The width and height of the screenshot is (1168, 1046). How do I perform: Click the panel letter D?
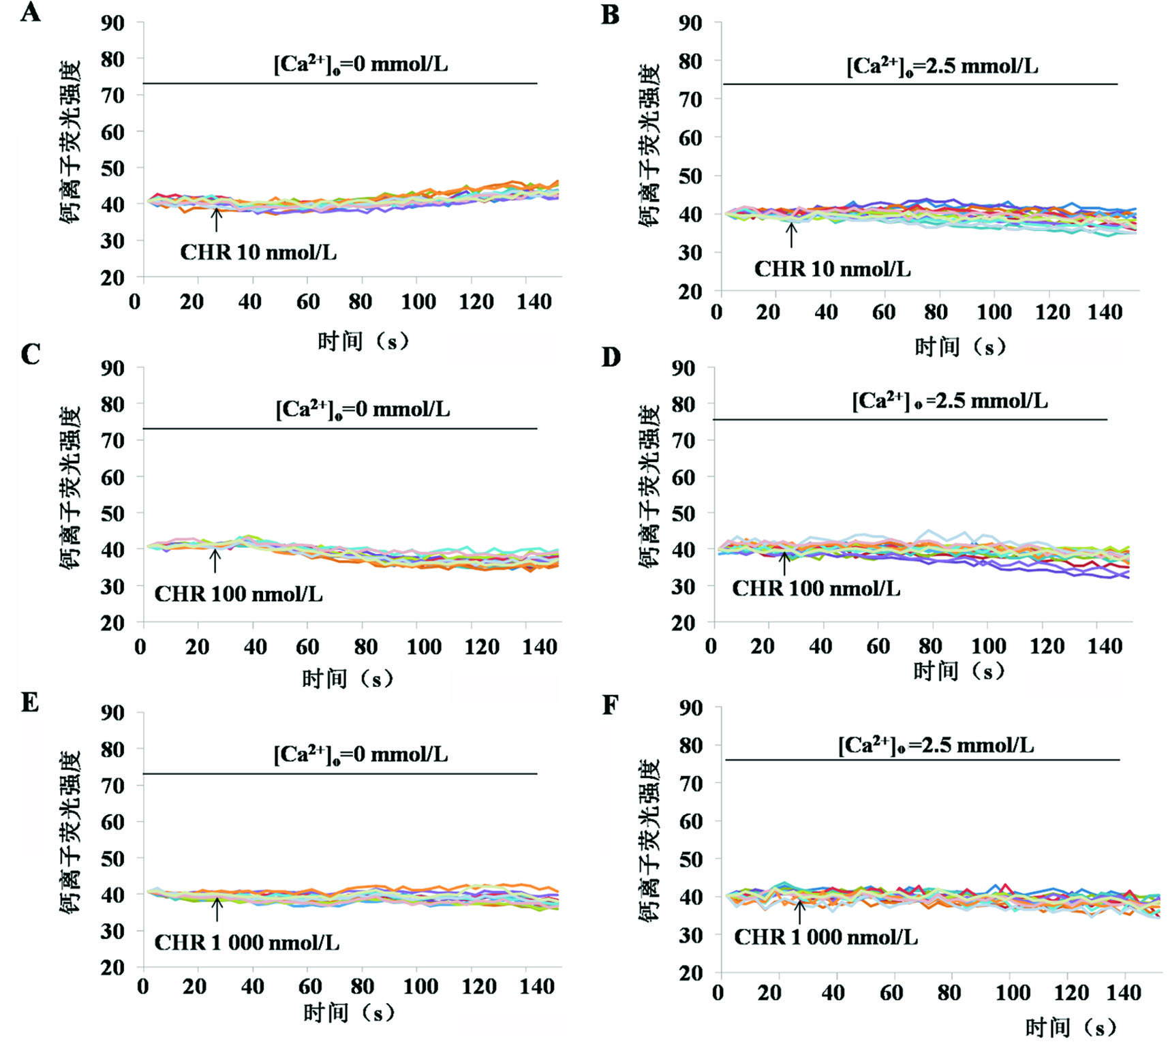pos(611,357)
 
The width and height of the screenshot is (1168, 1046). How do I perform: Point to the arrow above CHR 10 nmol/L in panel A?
pos(217,219)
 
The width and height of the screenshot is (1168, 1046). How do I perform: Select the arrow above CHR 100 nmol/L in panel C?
pos(215,561)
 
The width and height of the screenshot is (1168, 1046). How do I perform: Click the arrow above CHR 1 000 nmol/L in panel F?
pos(800,911)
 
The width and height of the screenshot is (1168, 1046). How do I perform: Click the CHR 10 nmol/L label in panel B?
pos(832,269)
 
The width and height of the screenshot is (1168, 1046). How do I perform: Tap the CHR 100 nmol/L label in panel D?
pos(816,588)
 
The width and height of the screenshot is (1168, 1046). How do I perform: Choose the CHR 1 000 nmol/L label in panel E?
pos(247,942)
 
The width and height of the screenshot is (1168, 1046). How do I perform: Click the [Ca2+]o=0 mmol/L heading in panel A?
pos(360,64)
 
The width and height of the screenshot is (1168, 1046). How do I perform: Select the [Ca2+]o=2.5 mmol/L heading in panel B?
pos(942,66)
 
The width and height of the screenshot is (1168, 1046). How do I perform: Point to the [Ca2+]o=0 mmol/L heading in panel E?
pos(360,754)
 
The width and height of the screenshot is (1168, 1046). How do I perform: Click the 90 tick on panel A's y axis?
pos(113,22)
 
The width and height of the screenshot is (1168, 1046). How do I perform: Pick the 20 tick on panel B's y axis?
pos(690,291)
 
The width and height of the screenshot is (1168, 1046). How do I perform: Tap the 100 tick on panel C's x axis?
pos(423,647)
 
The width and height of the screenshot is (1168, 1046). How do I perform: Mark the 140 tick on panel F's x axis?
pos(1122,993)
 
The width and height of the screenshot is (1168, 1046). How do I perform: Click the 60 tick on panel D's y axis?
pos(683,477)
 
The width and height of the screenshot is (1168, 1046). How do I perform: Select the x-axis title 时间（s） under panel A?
pos(363,341)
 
